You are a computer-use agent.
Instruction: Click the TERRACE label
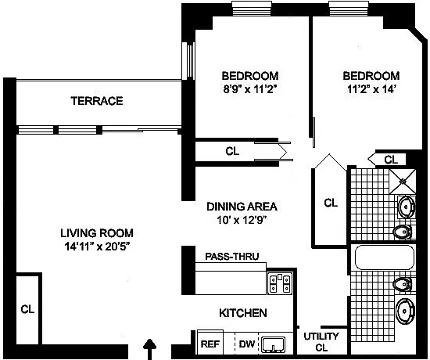pos(97,101)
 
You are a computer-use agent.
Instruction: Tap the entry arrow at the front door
pos(150,349)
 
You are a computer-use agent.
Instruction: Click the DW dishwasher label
pos(247,344)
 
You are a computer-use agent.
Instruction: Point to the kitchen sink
pos(273,344)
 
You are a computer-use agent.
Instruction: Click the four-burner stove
pos(280,283)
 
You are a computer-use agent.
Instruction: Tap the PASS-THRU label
pos(232,256)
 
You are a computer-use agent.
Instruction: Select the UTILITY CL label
pos(321,342)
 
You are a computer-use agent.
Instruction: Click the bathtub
pos(385,257)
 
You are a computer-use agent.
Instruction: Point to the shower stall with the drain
pos(403,182)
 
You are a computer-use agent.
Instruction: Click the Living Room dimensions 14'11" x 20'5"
pos(97,247)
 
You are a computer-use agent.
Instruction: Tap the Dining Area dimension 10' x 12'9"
pos(242,220)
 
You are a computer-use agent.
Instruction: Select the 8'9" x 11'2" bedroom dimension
pos(249,89)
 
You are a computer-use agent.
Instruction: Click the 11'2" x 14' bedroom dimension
pos(371,89)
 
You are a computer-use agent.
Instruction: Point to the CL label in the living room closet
pos(27,309)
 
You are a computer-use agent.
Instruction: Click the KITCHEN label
pos(243,313)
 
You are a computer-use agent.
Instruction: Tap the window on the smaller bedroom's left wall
pos(188,61)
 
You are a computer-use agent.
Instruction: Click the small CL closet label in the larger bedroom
pos(391,160)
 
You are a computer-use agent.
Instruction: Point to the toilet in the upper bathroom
pos(403,232)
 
